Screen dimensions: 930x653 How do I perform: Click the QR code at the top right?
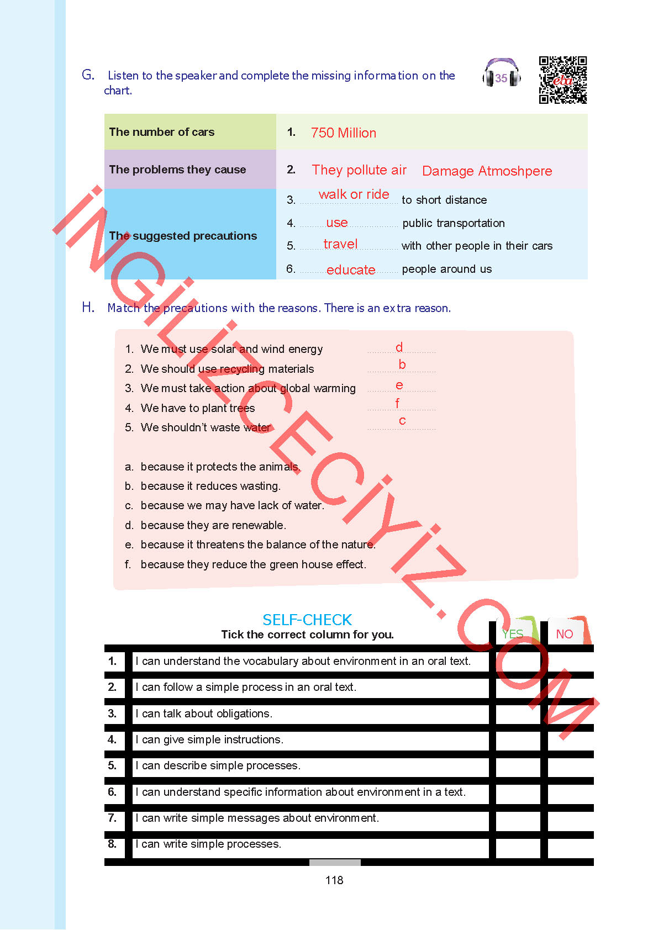click(x=562, y=80)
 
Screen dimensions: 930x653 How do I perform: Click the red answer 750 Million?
click(x=343, y=133)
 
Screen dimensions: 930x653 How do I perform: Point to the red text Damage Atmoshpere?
click(x=487, y=171)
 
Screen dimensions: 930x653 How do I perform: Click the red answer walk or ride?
click(x=354, y=194)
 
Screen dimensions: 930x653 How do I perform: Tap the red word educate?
click(x=351, y=270)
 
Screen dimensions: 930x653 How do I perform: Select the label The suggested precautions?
click(x=183, y=236)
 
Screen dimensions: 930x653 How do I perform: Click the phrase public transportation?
click(x=453, y=223)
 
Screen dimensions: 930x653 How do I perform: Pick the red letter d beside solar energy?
click(x=399, y=347)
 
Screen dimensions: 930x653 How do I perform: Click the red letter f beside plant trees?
click(x=397, y=404)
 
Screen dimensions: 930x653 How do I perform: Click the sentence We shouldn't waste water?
click(x=206, y=427)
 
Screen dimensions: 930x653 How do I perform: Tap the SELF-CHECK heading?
click(x=307, y=620)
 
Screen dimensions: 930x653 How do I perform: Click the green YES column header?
click(x=512, y=634)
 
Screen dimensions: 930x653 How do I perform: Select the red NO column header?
click(x=564, y=634)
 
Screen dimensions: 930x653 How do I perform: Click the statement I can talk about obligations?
click(x=204, y=714)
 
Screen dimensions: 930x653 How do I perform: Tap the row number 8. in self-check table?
click(x=112, y=844)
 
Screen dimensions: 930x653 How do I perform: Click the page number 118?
click(x=334, y=880)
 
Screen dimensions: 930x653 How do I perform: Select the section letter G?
click(x=88, y=75)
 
